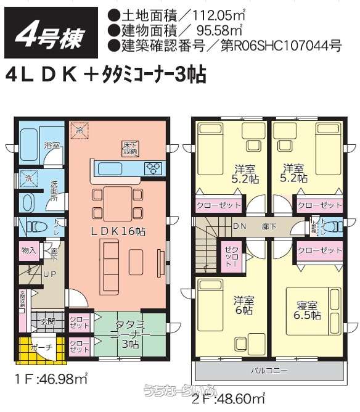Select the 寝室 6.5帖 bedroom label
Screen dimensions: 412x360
[306, 310]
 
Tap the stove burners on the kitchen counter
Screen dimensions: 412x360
[152, 167]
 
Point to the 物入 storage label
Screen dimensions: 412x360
[29, 250]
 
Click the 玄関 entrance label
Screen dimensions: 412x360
[47, 321]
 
